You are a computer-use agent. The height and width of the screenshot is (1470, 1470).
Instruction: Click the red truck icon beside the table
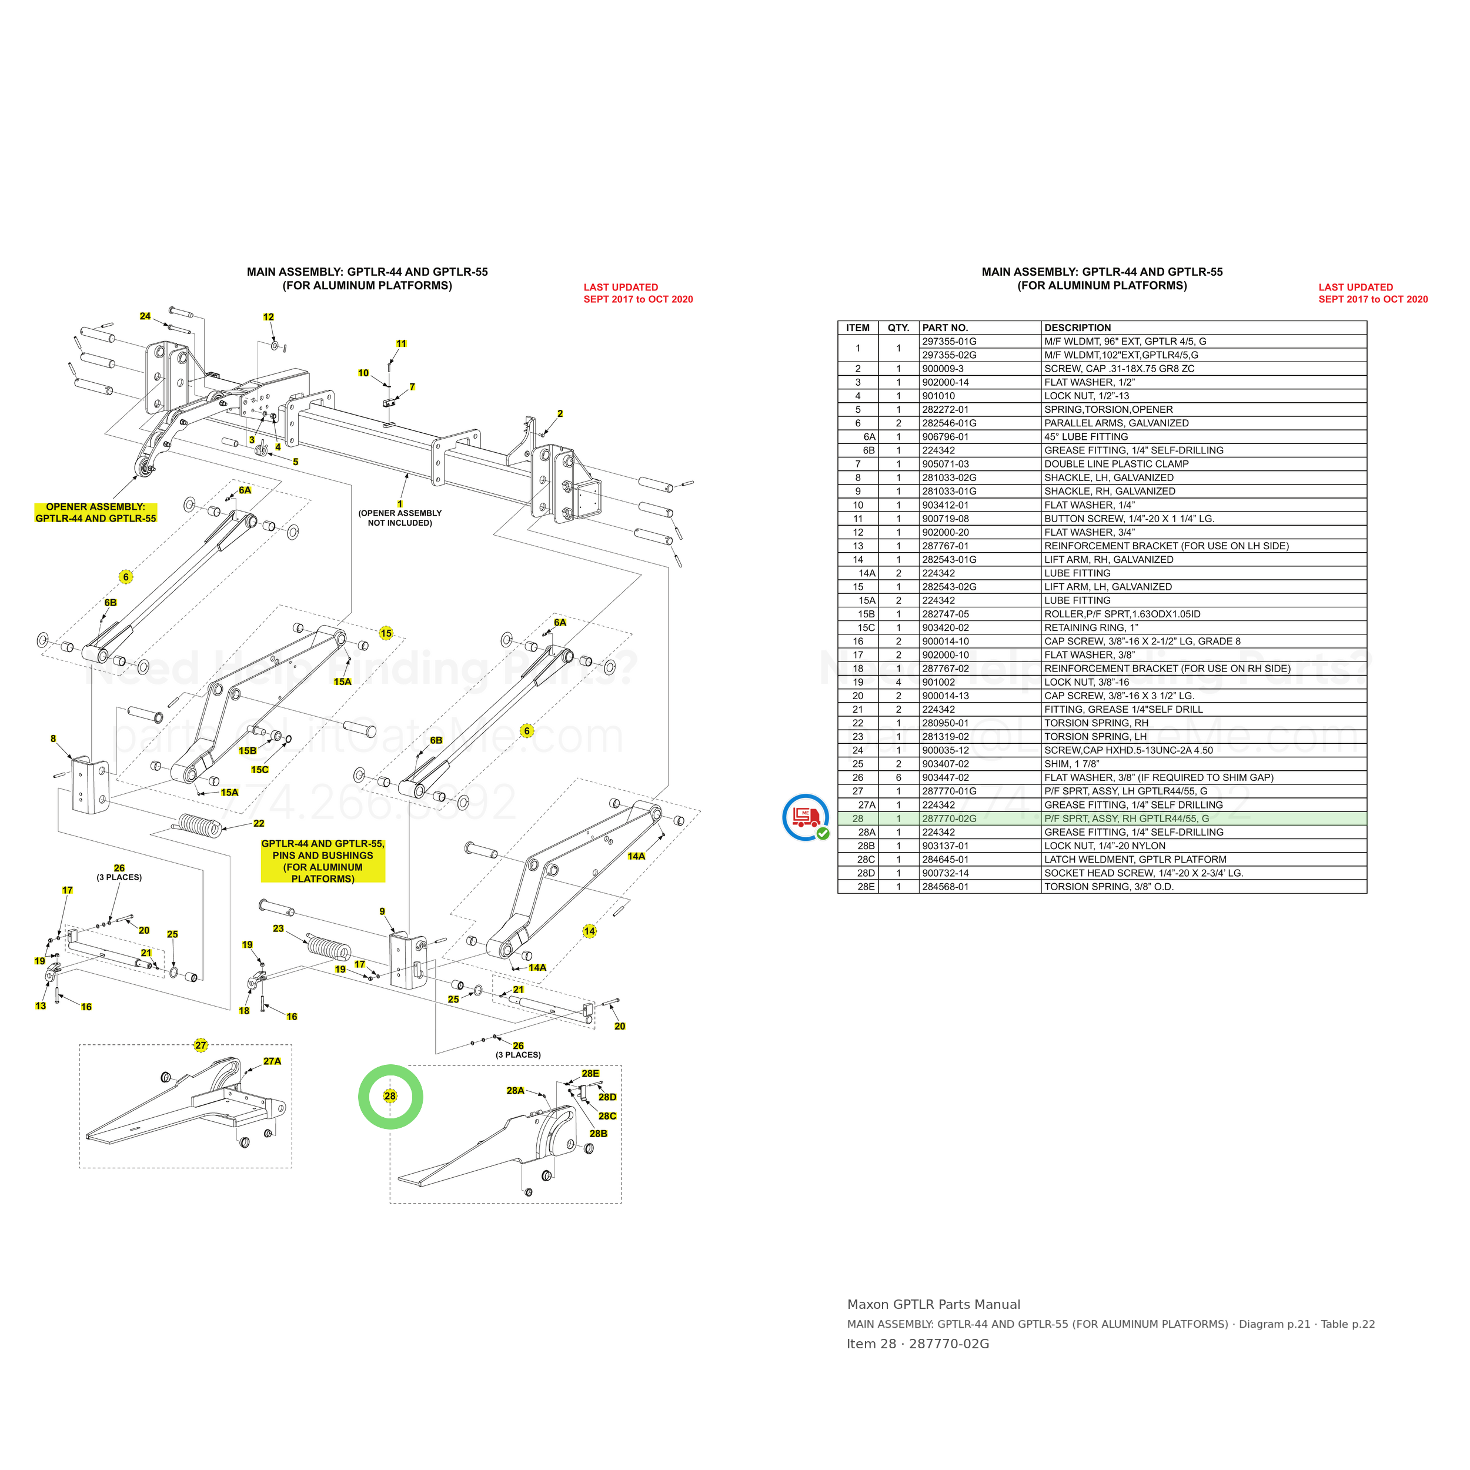click(x=806, y=816)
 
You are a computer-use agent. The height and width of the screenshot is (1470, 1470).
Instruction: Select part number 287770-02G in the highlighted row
click(x=949, y=818)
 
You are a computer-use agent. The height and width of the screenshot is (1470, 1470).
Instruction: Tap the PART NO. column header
click(x=945, y=328)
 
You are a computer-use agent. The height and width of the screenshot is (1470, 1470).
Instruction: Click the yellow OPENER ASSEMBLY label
click(x=96, y=513)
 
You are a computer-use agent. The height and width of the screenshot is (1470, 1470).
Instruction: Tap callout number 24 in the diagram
click(x=145, y=316)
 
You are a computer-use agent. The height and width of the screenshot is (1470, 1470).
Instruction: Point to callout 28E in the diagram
click(x=590, y=1074)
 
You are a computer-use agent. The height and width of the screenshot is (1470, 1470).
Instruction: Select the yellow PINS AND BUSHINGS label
click(x=323, y=861)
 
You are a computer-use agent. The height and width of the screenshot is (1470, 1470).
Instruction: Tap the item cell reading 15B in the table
click(x=866, y=614)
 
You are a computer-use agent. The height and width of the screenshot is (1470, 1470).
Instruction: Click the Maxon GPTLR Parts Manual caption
click(x=934, y=1305)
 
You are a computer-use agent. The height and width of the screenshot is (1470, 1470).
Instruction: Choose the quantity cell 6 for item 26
click(x=898, y=777)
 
